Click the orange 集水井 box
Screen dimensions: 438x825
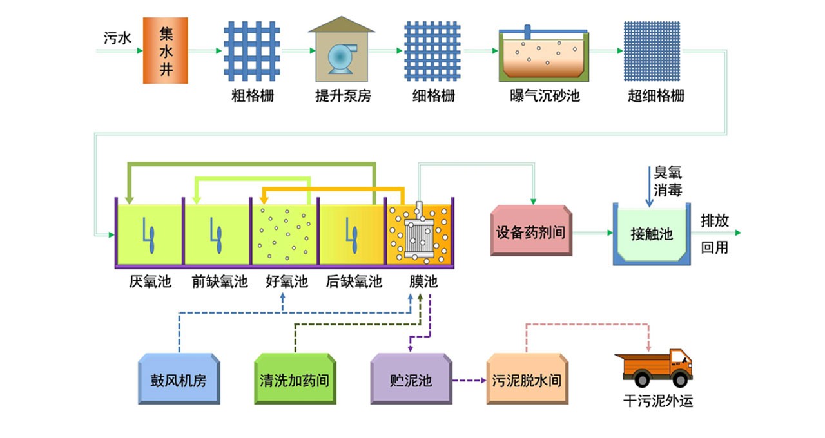165,51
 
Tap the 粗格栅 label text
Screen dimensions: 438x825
253,97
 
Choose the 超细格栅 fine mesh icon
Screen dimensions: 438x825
652,51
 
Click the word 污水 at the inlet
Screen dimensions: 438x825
118,38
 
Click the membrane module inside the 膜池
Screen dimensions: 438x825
420,234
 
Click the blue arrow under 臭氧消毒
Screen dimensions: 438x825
649,187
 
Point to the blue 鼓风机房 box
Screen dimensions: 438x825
179,379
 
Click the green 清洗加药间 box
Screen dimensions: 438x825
295,379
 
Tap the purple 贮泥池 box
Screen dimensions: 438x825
411,379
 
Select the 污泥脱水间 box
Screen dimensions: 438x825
527,379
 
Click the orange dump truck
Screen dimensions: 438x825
654,367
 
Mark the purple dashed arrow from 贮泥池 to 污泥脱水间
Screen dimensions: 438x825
469,380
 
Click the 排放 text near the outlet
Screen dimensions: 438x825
715,221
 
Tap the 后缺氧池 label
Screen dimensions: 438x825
354,282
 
